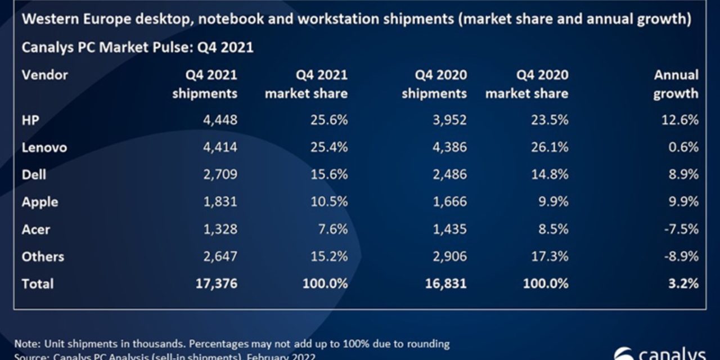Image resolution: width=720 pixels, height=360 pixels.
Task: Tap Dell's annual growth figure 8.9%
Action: (683, 174)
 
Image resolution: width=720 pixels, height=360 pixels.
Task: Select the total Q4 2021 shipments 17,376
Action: (217, 283)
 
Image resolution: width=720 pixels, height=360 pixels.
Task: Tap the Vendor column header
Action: (44, 75)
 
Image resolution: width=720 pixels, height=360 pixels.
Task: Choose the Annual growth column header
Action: (676, 84)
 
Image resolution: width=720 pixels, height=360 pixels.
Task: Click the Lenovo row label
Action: (44, 147)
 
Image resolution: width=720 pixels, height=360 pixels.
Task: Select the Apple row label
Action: (40, 202)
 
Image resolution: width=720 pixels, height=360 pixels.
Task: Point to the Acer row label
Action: (36, 229)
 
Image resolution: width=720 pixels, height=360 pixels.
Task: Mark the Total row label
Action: (38, 283)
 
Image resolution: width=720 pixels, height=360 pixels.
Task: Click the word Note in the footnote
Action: (25, 343)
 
